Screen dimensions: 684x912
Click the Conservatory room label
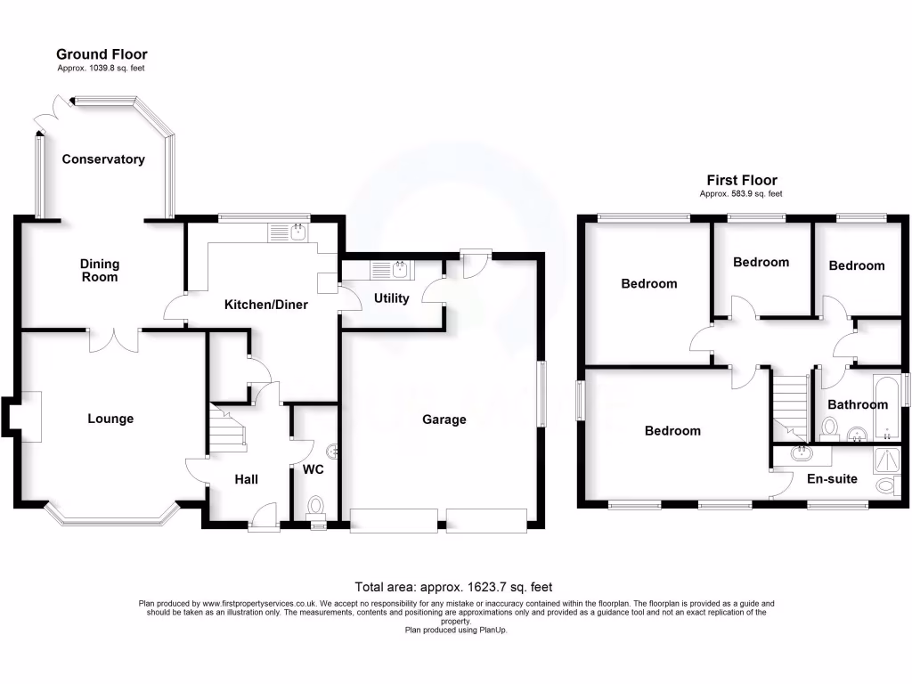click(103, 159)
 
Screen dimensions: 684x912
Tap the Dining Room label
click(100, 271)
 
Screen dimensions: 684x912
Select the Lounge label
click(110, 419)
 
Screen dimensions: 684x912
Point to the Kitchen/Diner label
click(265, 305)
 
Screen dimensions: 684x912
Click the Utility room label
click(391, 298)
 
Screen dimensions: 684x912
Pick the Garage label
click(444, 419)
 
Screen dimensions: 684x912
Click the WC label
click(313, 469)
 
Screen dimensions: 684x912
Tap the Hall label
click(246, 479)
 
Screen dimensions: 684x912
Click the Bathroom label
click(858, 404)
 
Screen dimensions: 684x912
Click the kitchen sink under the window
click(287, 233)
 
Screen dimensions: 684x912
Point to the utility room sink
click(392, 267)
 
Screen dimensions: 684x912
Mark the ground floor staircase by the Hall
click(226, 426)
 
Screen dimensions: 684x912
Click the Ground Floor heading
click(102, 55)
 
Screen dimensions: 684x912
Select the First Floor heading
click(742, 180)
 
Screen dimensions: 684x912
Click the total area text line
click(453, 587)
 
